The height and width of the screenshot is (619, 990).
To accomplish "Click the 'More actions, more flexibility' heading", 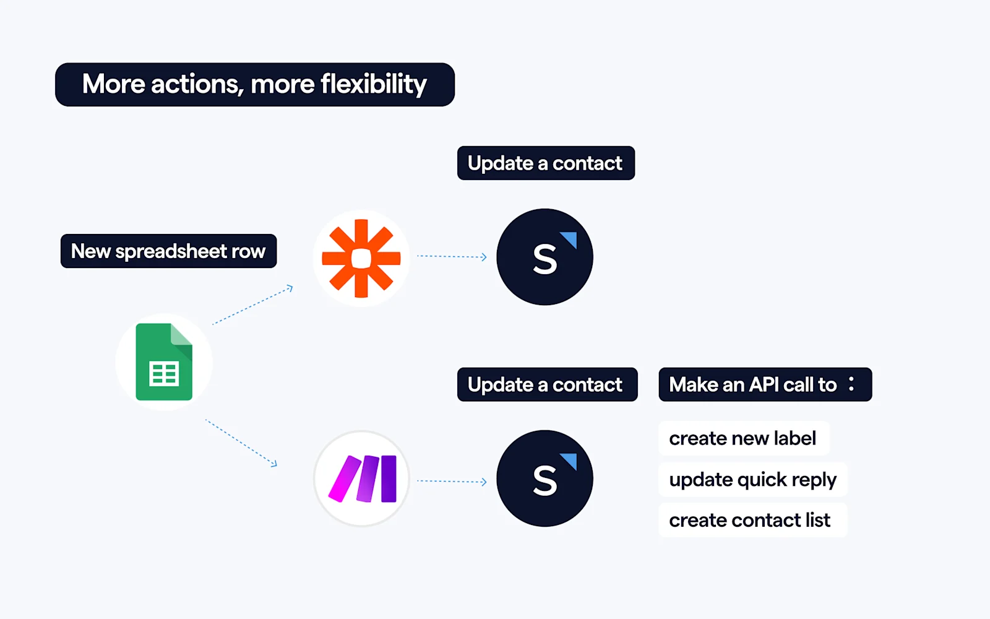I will click(254, 84).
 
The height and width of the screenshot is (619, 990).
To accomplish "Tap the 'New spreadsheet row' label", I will click(168, 251).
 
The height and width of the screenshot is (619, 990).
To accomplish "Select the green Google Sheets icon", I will click(164, 362).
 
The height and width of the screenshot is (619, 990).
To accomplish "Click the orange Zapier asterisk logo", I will click(361, 258).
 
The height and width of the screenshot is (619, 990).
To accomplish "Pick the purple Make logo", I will click(362, 478).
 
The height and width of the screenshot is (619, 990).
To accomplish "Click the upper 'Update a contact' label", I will click(545, 163).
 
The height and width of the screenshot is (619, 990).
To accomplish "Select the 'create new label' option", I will click(742, 438).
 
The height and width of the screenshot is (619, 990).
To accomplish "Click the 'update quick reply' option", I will click(752, 479).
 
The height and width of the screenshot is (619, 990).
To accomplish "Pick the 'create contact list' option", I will click(750, 520).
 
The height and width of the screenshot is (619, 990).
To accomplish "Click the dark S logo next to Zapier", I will click(544, 257).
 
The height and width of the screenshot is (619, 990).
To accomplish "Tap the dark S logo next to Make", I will click(544, 478).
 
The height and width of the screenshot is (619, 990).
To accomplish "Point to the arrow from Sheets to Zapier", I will click(252, 305).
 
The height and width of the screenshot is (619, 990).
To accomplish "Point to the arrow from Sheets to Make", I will click(241, 443).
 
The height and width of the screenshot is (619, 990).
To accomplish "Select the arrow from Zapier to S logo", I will click(452, 256).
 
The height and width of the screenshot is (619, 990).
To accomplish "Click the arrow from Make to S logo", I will click(452, 481).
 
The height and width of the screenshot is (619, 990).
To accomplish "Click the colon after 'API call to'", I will click(851, 384).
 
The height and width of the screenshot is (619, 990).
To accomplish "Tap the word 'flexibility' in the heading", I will click(374, 84).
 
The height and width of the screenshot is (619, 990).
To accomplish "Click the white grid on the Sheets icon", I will click(164, 374).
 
